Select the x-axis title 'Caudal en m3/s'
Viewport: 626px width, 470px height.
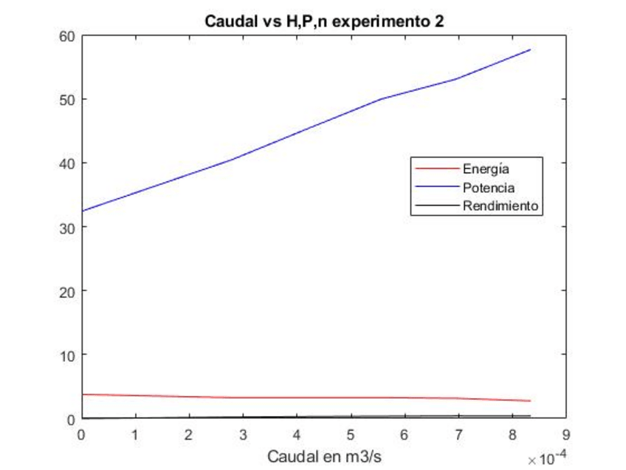(x=324, y=454)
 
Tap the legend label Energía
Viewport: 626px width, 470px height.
(x=486, y=169)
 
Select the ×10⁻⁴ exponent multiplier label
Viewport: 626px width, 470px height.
(x=543, y=459)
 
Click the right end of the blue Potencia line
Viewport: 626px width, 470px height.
(x=530, y=50)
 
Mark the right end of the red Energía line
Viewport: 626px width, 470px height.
(x=530, y=401)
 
